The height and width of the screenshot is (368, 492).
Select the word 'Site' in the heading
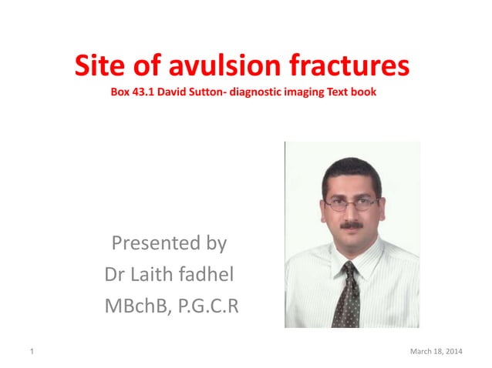tap(99, 68)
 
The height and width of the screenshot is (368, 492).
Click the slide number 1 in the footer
tap(32, 352)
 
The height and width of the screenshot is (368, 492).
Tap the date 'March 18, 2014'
tap(436, 352)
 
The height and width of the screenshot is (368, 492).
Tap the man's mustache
tap(352, 226)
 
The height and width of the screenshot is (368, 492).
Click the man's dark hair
tap(350, 166)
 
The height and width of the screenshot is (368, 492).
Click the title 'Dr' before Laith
tap(114, 275)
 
